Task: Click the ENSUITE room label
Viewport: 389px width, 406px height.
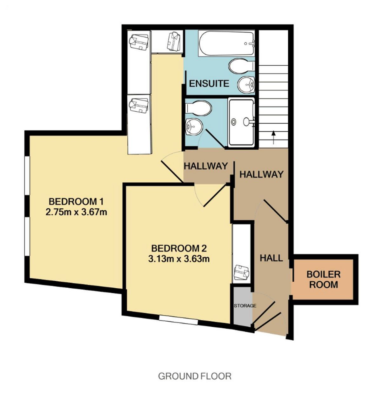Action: point(209,83)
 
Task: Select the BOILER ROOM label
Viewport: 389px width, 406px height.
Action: point(323,279)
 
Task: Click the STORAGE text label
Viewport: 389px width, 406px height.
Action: point(245,306)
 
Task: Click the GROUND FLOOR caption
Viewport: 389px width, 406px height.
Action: point(194,376)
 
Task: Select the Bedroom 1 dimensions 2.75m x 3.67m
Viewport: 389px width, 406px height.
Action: point(76,213)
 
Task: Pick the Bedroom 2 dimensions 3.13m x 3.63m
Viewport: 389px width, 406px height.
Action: point(179,259)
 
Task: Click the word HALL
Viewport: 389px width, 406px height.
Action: point(271,258)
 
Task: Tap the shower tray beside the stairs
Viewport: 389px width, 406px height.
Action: point(241,122)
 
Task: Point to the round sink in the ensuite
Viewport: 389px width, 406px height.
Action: point(246,84)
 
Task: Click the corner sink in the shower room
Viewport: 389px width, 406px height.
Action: point(194,127)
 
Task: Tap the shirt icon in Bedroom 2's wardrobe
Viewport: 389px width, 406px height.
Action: point(242,272)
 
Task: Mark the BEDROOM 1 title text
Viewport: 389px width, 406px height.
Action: point(76,202)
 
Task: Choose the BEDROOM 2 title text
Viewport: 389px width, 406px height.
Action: point(179,248)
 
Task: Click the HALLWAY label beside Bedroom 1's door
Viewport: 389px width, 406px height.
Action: point(205,166)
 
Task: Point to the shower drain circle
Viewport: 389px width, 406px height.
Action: point(233,122)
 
